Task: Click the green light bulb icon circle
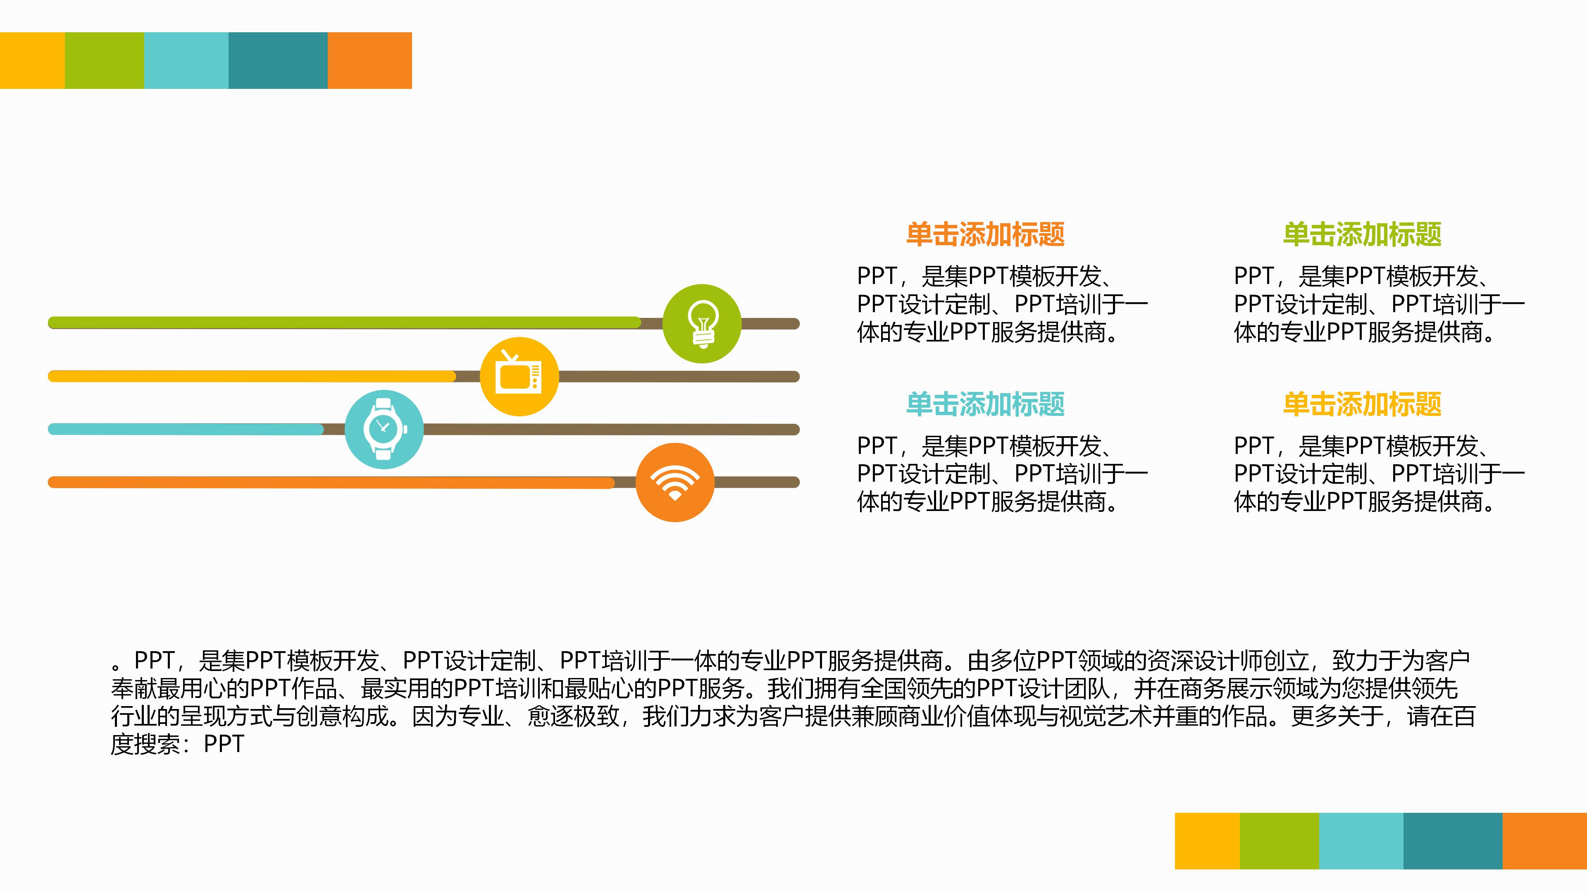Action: (x=702, y=324)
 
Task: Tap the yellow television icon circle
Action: (x=519, y=377)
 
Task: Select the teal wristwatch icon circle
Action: (x=384, y=430)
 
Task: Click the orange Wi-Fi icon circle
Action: (x=674, y=482)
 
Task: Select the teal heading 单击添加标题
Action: (x=985, y=404)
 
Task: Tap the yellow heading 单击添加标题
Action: (x=1362, y=404)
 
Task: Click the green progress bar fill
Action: (x=345, y=322)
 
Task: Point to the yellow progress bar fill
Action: (x=253, y=376)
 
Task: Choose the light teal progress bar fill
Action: (x=185, y=429)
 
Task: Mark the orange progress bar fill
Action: (x=333, y=482)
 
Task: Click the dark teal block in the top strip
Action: (x=278, y=60)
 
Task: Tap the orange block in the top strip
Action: (x=369, y=60)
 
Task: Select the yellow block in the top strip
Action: (x=32, y=60)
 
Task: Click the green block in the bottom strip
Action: (x=1279, y=840)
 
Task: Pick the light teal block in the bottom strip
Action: (x=1361, y=840)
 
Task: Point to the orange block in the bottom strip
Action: (x=1544, y=840)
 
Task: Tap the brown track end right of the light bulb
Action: (x=770, y=324)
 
